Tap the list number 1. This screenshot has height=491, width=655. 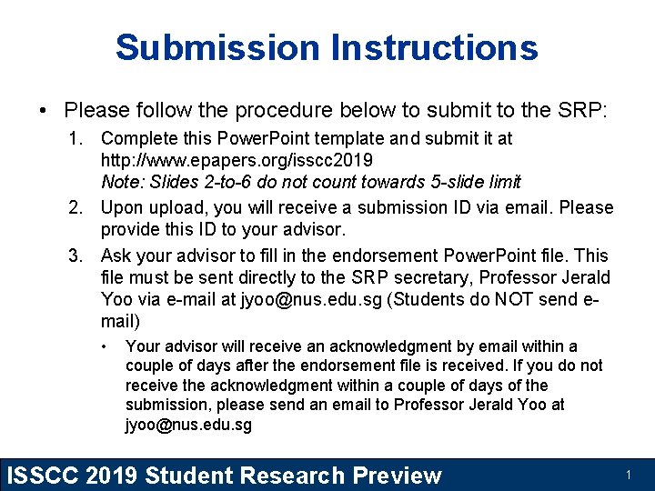(78, 138)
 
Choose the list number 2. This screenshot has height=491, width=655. (78, 207)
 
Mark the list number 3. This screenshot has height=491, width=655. (78, 256)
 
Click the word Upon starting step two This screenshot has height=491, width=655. (121, 207)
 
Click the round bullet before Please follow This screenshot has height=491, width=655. (44, 112)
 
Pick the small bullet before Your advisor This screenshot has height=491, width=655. (106, 346)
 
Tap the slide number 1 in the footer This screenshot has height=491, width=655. (628, 475)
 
